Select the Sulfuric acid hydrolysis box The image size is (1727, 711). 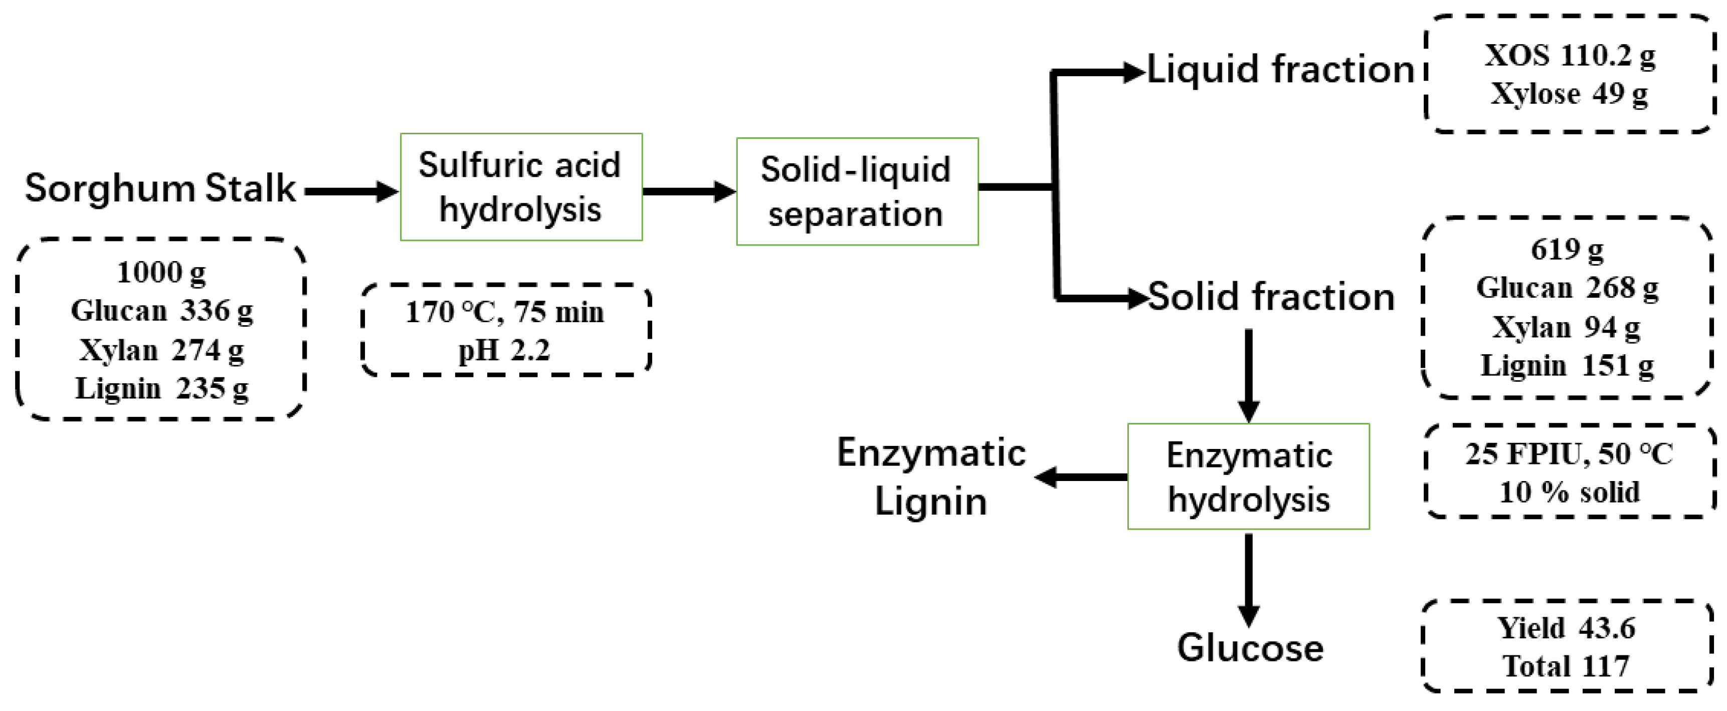point(521,187)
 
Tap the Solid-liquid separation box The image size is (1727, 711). point(857,192)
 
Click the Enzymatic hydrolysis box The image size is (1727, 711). point(1248,477)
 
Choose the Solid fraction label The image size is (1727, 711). point(1271,297)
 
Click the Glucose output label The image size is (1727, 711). point(1250,648)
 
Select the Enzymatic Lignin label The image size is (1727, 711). point(931,477)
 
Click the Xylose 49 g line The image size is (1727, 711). point(1569,94)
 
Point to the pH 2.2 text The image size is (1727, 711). point(504,350)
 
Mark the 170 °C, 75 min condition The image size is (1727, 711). point(504,312)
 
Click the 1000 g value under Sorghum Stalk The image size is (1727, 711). point(161,273)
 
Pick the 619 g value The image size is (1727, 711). point(1567,250)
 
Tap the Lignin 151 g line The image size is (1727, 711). point(1567,366)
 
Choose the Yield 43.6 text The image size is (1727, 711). point(1566,628)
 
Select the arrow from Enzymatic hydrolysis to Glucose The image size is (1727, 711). point(1248,580)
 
